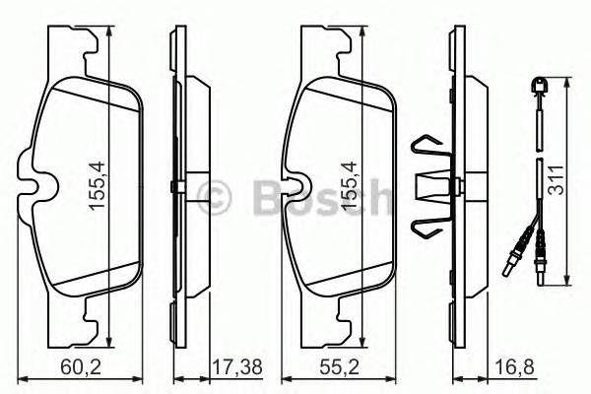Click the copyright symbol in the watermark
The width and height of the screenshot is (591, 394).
[212, 192]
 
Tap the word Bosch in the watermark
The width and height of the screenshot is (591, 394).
[315, 192]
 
